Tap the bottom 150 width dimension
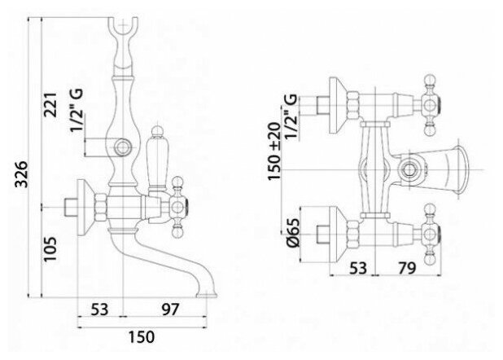(142, 336)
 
